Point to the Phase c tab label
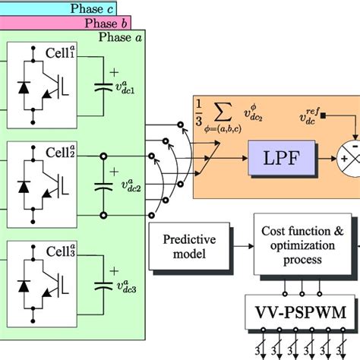click(93, 8)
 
